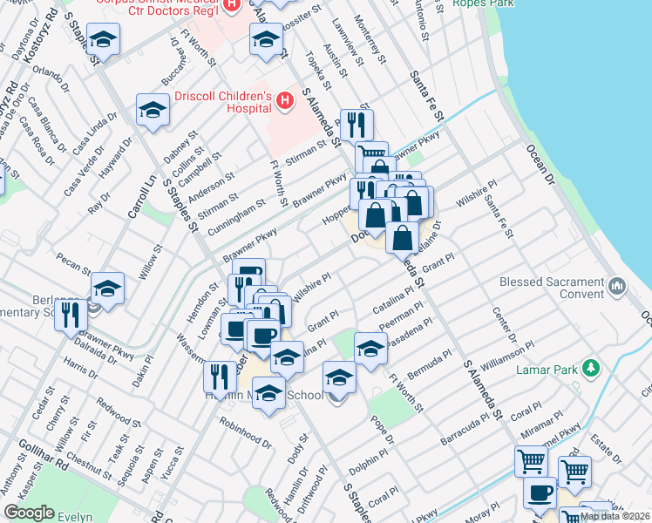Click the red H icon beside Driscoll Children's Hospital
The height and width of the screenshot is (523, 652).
[284, 103]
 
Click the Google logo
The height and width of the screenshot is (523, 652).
[29, 513]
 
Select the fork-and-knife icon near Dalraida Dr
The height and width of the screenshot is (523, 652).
[70, 317]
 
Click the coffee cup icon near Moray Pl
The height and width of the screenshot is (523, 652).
[539, 492]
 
